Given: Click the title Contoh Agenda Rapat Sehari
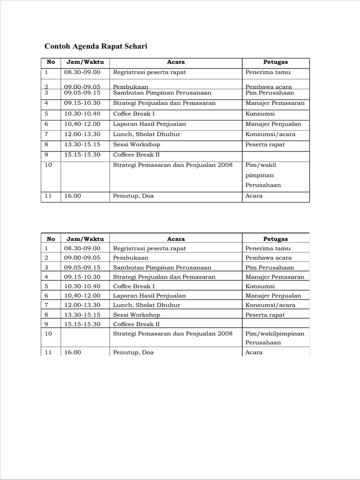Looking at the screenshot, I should pos(96,46).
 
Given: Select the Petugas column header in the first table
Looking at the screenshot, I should pos(276,62).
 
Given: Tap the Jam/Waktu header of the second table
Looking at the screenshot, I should pos(85,239).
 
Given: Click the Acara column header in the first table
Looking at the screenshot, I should pos(176,62).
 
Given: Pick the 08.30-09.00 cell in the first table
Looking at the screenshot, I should pos(82,72).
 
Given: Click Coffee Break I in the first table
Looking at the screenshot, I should pos(134,114).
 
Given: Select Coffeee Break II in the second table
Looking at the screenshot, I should pos(136,324).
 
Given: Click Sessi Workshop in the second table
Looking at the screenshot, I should pos(136,315).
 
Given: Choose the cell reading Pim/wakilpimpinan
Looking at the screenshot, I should pos(275,334).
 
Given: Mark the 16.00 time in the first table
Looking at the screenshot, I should pos(73,196).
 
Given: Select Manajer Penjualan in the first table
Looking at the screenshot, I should pos(273,124).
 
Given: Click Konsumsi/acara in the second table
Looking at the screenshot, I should pos(270,305).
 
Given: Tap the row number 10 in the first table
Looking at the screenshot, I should pos(48,165).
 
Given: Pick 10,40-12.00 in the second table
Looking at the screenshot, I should pos(82,296).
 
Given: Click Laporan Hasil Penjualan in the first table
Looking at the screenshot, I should pos(150,124).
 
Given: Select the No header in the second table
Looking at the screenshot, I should pos(51,239).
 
